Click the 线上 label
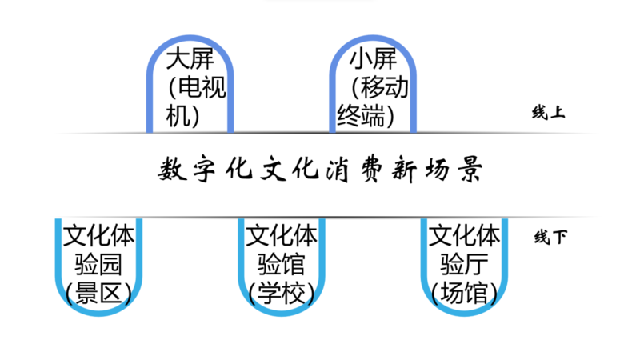coord(548,113)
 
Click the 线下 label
coord(550,238)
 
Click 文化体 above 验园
coord(98,236)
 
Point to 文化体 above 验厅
coord(465,236)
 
